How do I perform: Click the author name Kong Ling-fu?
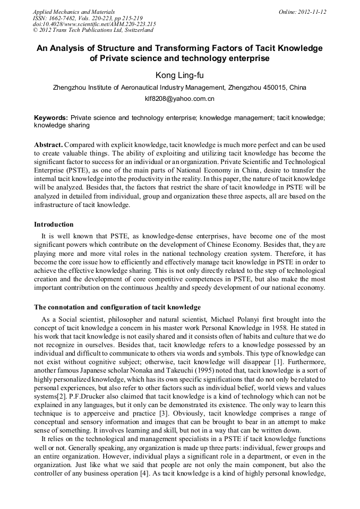coord(179,75)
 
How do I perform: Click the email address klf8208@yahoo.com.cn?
coord(179,99)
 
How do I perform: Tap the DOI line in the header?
coord(94,24)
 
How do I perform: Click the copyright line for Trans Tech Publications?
coord(93,30)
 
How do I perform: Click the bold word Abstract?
coord(48,144)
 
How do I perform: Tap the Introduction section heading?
coord(54,225)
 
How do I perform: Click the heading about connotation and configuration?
coord(117,307)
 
